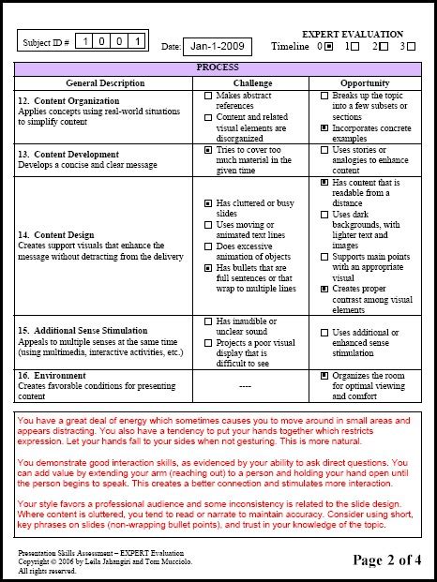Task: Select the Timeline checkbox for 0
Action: coord(328,46)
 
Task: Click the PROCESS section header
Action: coord(218,68)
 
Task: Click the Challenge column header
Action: coord(252,82)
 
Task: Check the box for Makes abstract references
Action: coord(207,96)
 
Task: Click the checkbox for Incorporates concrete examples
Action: coord(324,127)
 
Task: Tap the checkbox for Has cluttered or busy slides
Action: coord(207,203)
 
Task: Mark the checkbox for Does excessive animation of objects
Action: coord(207,246)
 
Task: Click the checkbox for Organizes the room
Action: coord(324,375)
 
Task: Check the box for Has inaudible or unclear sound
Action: coord(207,321)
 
